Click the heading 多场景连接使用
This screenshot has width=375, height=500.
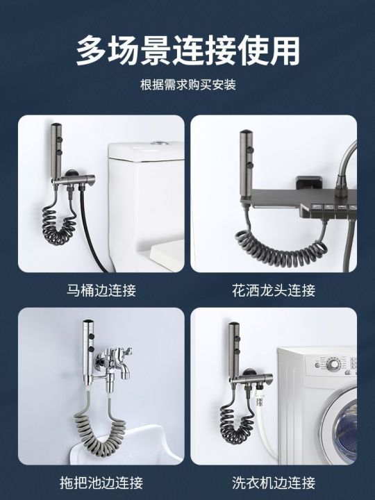(x=187, y=51)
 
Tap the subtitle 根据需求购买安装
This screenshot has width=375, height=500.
(x=187, y=85)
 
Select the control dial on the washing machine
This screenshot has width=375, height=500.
(x=334, y=364)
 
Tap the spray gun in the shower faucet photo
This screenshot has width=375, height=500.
(x=247, y=156)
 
